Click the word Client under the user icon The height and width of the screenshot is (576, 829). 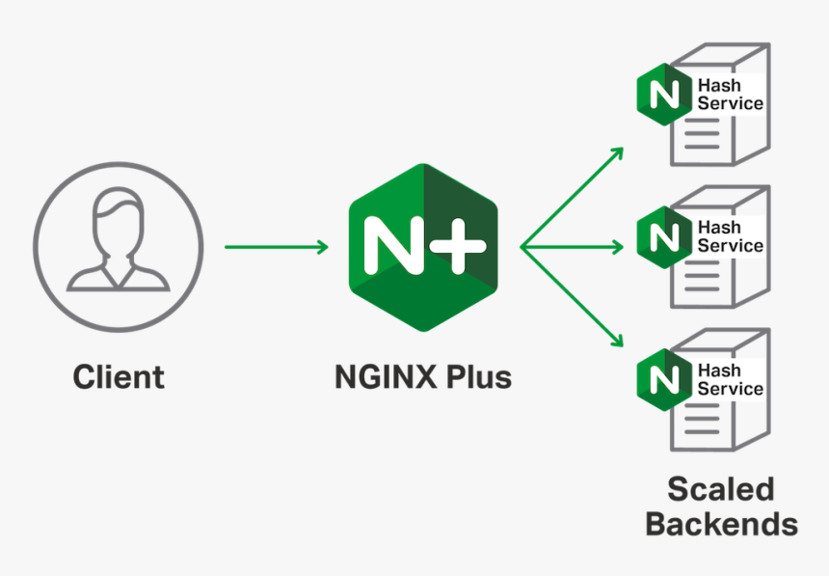pyautogui.click(x=119, y=376)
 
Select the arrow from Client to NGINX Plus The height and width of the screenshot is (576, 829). pyautogui.click(x=276, y=247)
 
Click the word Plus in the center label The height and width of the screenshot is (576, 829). pyautogui.click(x=477, y=376)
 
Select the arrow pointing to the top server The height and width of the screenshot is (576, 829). pyautogui.click(x=574, y=197)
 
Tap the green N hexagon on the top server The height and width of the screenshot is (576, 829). pyautogui.click(x=663, y=95)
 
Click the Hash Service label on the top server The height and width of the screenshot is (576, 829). pyautogui.click(x=730, y=95)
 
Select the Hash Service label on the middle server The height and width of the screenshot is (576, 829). pyautogui.click(x=730, y=236)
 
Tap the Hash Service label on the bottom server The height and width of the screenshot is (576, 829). pyautogui.click(x=730, y=379)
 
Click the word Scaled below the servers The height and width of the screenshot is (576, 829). pyautogui.click(x=720, y=488)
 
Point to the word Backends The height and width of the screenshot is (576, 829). pyautogui.click(x=721, y=524)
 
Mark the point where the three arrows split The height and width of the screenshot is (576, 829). pyautogui.click(x=522, y=247)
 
